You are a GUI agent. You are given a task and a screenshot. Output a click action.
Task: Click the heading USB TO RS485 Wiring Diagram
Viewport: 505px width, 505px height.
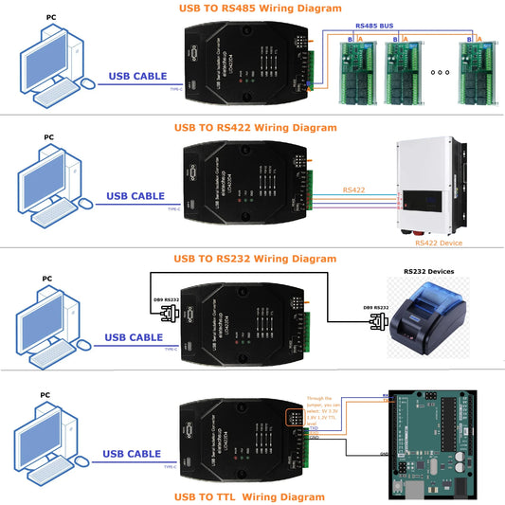coord(260,8)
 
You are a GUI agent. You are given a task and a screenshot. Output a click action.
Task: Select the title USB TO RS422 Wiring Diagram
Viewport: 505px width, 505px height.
coord(256,127)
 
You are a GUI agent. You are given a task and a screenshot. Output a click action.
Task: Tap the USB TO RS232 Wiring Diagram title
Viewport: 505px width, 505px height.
coord(255,258)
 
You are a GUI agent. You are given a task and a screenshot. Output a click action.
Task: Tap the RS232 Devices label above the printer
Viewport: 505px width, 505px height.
coord(428,271)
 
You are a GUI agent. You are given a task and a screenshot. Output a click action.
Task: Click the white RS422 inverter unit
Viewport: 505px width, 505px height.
coord(431,185)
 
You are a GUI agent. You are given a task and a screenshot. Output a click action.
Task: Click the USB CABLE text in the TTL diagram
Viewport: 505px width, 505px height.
coord(135,452)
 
